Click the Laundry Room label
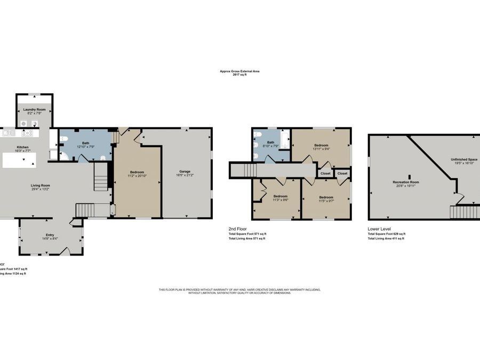34,109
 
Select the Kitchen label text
22,147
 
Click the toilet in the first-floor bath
64,139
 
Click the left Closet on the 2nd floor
325,173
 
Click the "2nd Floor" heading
238,228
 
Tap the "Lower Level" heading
379,228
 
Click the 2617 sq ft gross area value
239,75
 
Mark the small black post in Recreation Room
410,176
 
